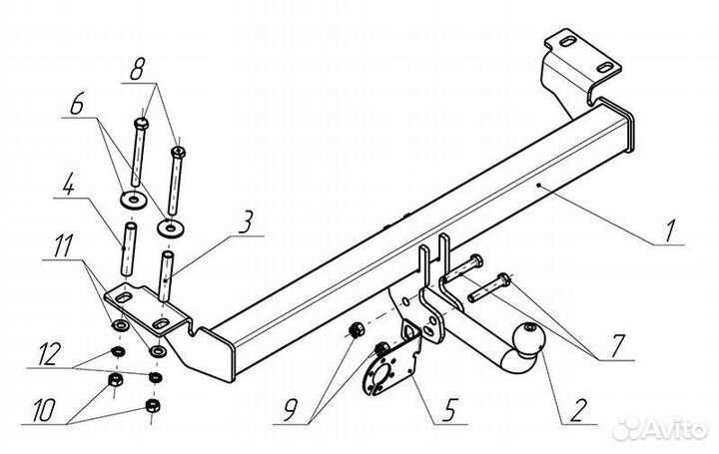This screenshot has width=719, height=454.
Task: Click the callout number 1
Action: pos(669,231)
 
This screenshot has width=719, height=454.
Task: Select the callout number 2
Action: pos(577,410)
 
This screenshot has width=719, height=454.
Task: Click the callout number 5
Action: pos(449,409)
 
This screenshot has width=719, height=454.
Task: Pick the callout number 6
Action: pos(77,106)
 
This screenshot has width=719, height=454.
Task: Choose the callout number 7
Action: pos(617,346)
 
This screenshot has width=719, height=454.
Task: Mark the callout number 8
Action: pos(137,69)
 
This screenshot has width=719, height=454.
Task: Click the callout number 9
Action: pos(291,409)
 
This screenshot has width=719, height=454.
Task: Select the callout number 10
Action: pos(45,409)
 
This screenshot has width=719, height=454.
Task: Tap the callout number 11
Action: pos(63,245)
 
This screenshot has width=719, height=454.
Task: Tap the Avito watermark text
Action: pos(674,430)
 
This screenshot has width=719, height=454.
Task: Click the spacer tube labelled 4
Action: pos(130,248)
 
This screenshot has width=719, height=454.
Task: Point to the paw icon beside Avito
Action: pos(625,429)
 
